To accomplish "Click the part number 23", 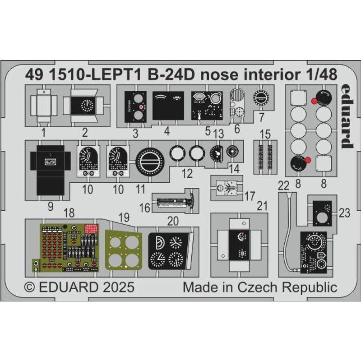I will point(344,214).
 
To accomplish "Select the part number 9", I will point(50,207).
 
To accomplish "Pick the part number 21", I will point(262,207).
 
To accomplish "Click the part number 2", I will point(84,133).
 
